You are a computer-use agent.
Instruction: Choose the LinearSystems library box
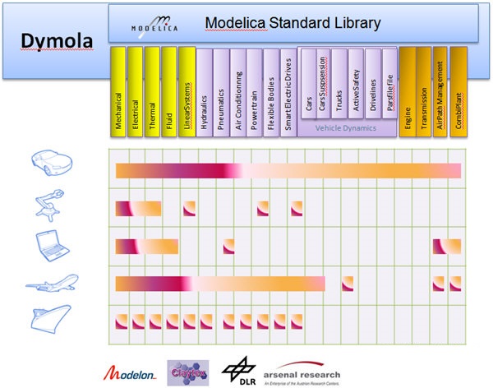(x=187, y=91)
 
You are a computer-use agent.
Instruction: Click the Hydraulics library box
(x=204, y=91)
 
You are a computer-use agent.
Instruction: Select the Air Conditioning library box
(x=238, y=91)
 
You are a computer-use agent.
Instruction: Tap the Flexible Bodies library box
(x=271, y=91)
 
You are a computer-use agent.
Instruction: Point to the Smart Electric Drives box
(x=288, y=91)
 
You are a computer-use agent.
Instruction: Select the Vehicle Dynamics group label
(x=348, y=128)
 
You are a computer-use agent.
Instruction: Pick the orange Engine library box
(x=407, y=91)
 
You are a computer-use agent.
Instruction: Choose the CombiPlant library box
(x=458, y=91)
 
